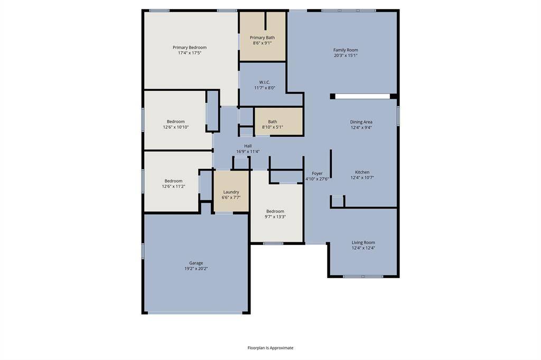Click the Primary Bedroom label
click(x=190, y=48)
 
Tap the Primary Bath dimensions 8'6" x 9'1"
click(x=262, y=43)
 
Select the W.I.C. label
click(x=265, y=82)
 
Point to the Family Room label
click(x=346, y=50)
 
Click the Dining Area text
click(x=361, y=122)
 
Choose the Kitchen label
click(x=362, y=172)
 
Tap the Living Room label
click(x=363, y=242)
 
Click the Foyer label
click(x=317, y=173)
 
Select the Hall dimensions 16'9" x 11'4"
click(x=248, y=151)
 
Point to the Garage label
click(x=196, y=263)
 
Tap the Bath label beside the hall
click(x=272, y=122)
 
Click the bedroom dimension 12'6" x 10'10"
click(x=175, y=127)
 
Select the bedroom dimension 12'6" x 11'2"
click(x=173, y=186)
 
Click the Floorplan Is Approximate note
click(x=270, y=348)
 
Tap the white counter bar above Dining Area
click(x=362, y=96)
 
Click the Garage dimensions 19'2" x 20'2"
click(x=196, y=269)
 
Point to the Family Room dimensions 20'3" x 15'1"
click(x=346, y=55)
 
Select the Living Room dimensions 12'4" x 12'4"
click(x=363, y=248)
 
